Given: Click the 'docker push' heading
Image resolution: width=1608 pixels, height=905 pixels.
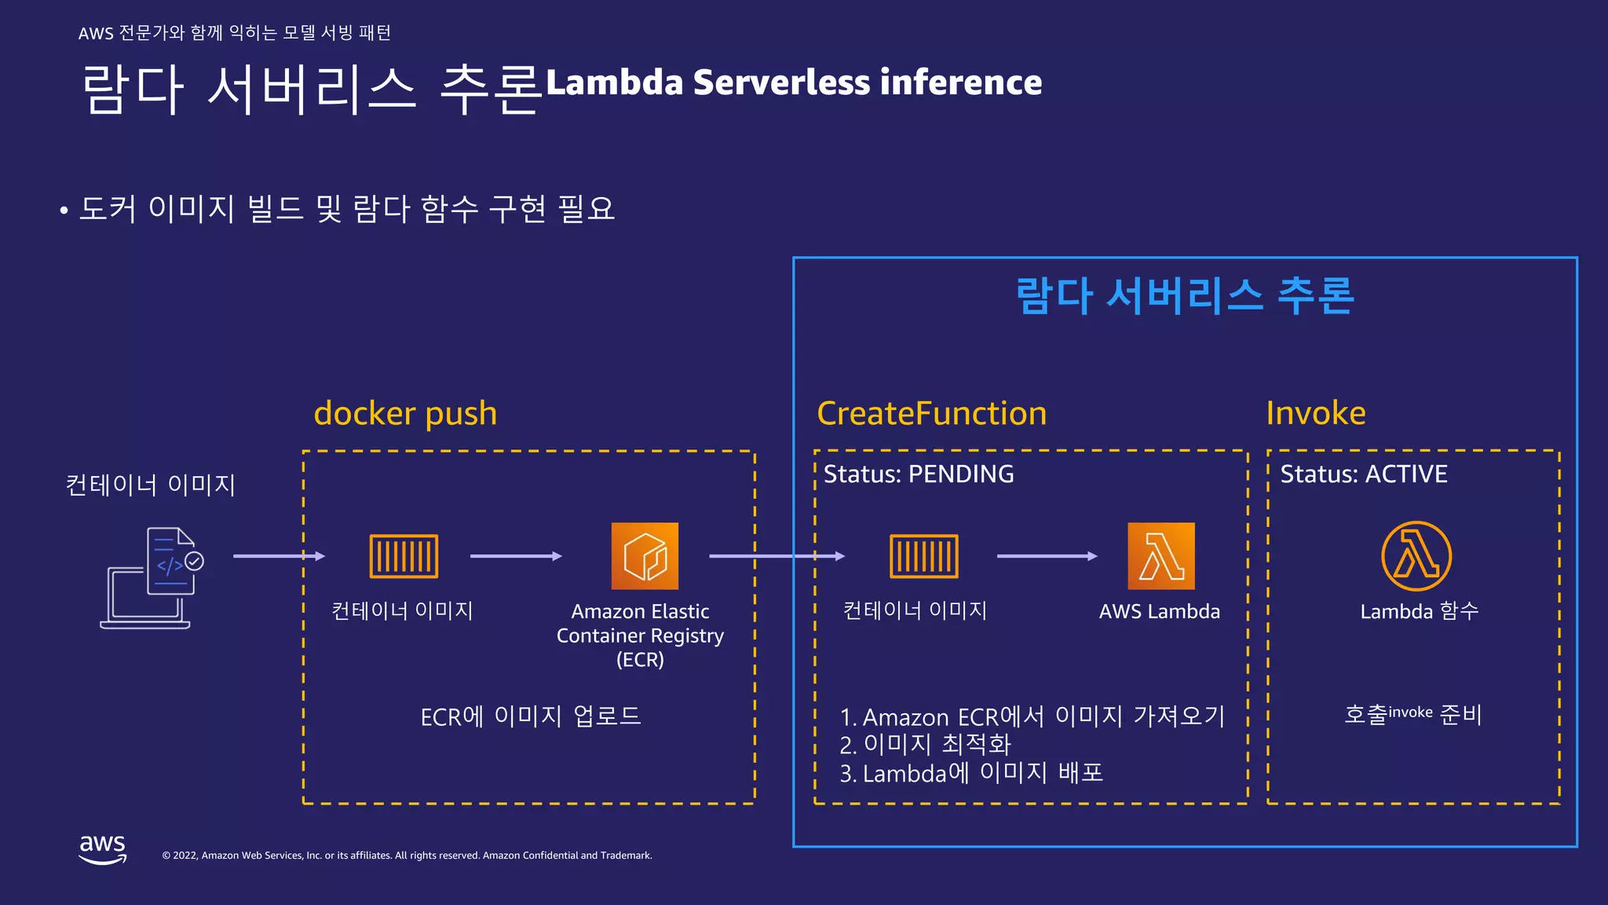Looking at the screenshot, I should tap(405, 413).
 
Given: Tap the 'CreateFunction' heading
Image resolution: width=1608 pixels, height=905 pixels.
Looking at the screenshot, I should tap(931, 413).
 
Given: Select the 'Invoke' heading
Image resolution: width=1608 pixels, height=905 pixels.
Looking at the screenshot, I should tap(1315, 413).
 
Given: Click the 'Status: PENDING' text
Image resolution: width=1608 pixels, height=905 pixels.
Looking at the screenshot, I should tap(918, 474).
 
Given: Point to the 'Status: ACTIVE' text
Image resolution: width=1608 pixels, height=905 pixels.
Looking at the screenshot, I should tap(1363, 474).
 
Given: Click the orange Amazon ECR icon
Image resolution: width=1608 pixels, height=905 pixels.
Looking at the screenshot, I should tap(645, 556).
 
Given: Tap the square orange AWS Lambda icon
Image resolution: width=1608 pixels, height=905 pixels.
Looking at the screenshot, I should tap(1160, 556).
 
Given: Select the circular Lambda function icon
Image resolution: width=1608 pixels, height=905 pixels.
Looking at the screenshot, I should tap(1416, 556).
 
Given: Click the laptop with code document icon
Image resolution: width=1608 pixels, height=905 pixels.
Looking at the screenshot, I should tap(152, 577).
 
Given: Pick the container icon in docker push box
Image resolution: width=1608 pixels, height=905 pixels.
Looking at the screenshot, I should tap(404, 556).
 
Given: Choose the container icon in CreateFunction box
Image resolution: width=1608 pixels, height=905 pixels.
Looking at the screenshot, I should tap(923, 556).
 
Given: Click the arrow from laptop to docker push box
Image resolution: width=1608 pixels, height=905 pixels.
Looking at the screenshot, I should tap(279, 556).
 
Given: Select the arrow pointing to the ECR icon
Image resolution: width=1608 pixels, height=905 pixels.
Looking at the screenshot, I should tap(516, 556).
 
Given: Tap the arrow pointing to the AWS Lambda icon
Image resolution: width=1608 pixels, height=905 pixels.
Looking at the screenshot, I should tap(1047, 556).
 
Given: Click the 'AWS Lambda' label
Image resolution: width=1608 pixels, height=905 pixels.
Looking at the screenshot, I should tap(1159, 611).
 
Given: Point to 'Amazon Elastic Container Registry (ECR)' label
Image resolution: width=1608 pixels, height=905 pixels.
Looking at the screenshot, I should tap(640, 635).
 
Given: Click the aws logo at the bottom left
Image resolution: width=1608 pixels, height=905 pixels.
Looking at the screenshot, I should tap(103, 849).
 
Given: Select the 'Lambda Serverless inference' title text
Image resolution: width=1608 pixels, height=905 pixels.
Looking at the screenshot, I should tap(793, 82).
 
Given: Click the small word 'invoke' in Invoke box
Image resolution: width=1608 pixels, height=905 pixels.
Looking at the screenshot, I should tap(1410, 713).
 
